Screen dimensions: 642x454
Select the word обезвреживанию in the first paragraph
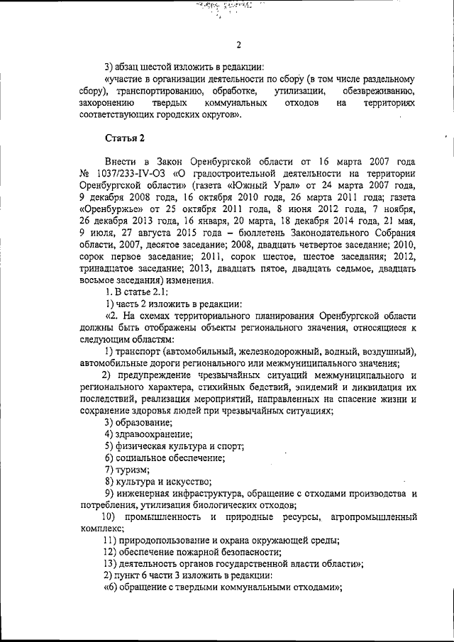(x=380, y=92)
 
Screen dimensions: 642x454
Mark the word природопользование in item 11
(x=167, y=540)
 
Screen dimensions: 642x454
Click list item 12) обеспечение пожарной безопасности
(x=192, y=552)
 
